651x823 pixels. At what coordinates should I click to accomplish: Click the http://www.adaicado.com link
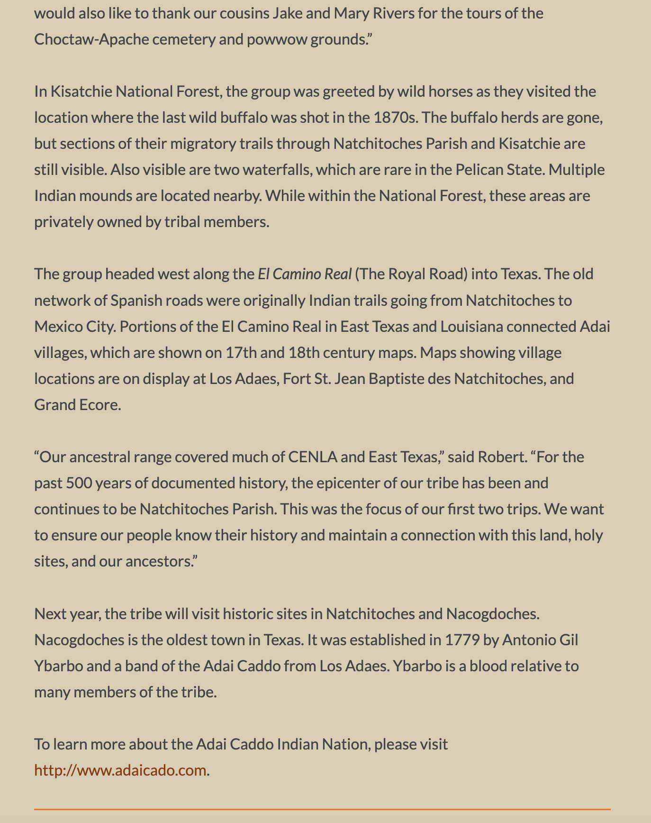click(x=120, y=770)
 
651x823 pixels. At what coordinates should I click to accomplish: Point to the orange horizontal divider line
click(x=322, y=809)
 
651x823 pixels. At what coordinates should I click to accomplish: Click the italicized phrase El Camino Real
click(x=305, y=274)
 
